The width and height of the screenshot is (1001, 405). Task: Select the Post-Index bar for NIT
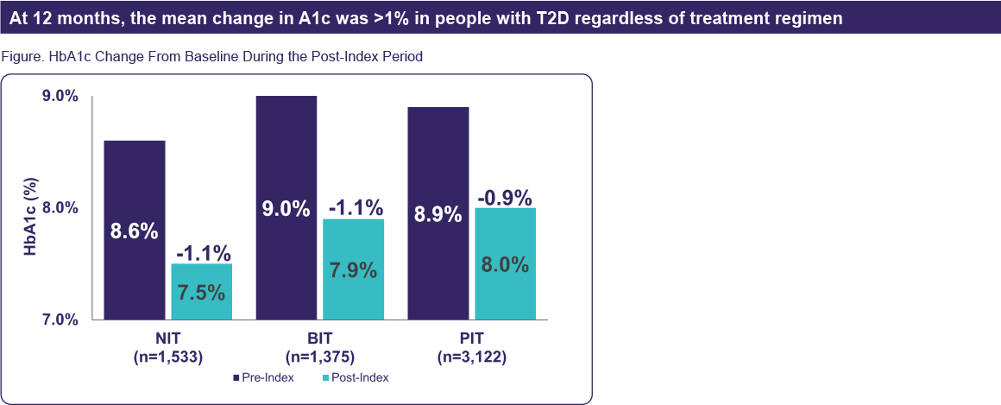tap(200, 292)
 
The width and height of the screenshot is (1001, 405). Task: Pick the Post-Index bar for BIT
tap(352, 269)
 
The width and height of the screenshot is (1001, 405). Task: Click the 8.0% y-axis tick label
tap(60, 208)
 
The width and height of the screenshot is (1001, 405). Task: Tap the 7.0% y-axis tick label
tap(60, 320)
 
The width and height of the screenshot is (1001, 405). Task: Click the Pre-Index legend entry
tap(264, 377)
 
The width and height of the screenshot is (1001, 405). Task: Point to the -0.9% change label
tap(505, 196)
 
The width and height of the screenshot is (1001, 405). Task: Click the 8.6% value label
tap(134, 231)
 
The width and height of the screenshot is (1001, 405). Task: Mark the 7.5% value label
tap(201, 292)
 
